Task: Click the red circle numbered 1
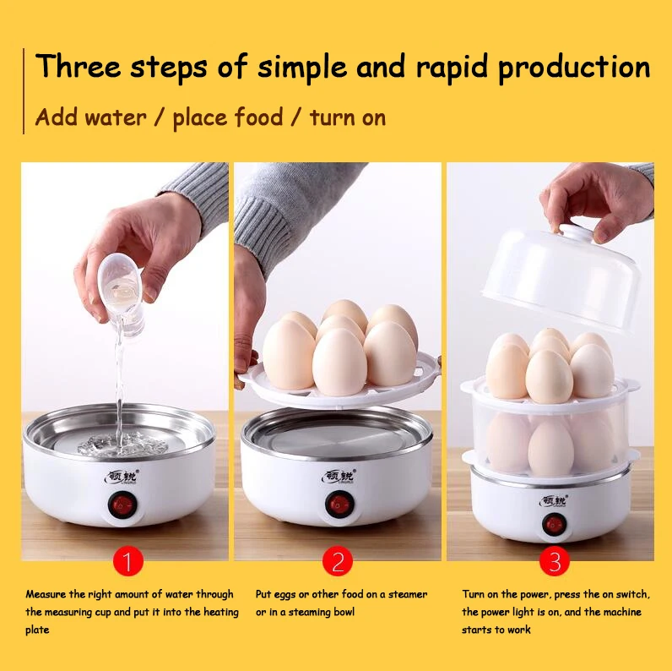click(127, 561)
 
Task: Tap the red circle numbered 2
click(338, 561)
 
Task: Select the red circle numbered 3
click(555, 561)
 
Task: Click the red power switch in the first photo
click(122, 505)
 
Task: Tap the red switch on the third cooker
click(554, 524)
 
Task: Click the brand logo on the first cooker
click(122, 477)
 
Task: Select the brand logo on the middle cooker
click(339, 477)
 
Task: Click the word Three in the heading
click(79, 66)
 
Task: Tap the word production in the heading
click(574, 68)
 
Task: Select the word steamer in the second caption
click(408, 595)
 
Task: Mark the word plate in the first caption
click(37, 630)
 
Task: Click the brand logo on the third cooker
click(554, 501)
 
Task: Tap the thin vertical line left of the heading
click(24, 91)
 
